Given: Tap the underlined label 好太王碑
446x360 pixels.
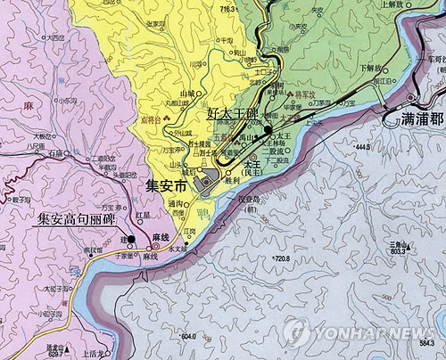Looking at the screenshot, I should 231,114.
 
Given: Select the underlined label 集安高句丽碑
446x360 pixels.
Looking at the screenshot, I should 76,217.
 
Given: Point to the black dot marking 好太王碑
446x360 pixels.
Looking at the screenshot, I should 268,128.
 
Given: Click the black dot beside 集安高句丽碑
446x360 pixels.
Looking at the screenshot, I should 130,239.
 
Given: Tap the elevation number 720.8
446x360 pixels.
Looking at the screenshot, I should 281,258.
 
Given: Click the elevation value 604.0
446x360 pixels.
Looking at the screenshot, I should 186,336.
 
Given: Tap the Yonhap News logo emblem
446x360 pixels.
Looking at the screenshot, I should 297,332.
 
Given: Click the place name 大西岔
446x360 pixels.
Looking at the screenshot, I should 55,39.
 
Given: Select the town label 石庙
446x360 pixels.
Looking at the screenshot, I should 58,152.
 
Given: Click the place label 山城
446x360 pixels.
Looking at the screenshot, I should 187,93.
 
